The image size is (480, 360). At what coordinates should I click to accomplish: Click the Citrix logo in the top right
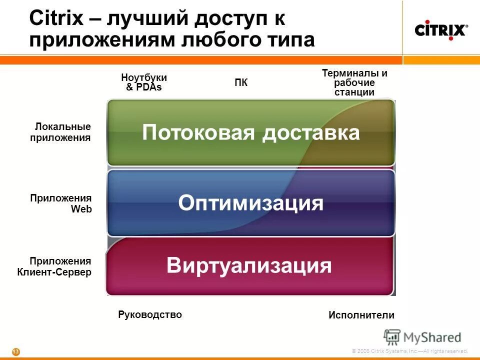tap(440, 30)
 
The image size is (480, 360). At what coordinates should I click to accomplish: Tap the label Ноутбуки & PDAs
tap(144, 82)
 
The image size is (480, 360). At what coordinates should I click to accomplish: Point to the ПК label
tap(241, 83)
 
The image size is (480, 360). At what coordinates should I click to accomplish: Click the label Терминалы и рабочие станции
tap(354, 82)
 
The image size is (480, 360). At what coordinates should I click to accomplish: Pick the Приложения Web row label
tap(61, 203)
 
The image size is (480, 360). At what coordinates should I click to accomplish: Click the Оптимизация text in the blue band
tap(250, 203)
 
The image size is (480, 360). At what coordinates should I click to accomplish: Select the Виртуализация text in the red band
tap(249, 265)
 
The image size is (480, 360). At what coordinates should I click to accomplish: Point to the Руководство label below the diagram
tap(150, 314)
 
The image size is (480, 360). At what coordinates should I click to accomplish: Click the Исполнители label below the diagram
tap(361, 315)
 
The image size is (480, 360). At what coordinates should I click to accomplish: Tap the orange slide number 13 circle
tap(16, 352)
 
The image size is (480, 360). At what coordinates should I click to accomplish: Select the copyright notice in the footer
tap(409, 351)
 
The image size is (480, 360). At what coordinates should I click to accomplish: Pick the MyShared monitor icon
tap(392, 336)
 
